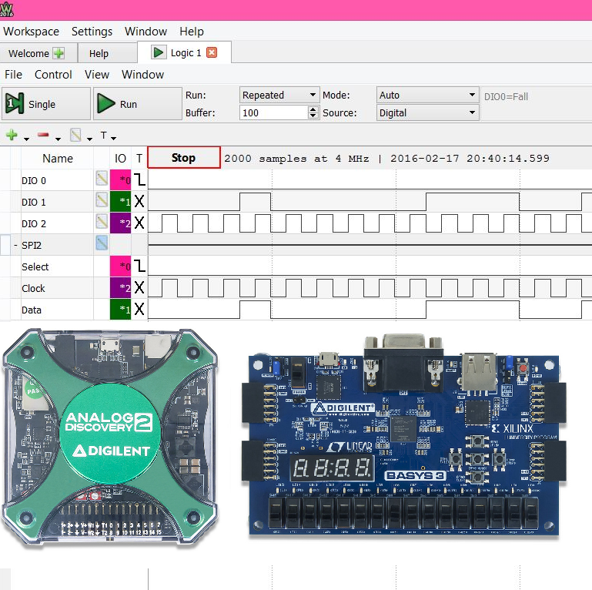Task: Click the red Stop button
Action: (x=183, y=158)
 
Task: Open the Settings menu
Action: (x=92, y=32)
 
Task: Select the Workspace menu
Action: (x=31, y=32)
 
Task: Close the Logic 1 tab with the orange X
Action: (x=212, y=52)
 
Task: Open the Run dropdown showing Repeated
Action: (x=279, y=96)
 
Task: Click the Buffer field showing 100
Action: (x=273, y=112)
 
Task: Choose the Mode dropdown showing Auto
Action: (x=427, y=96)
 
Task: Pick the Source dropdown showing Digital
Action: (x=427, y=112)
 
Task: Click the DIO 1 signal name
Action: (x=34, y=202)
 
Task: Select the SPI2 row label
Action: (x=32, y=245)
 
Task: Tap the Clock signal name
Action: (x=33, y=288)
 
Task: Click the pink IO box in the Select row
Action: (x=121, y=267)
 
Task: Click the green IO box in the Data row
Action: (x=121, y=310)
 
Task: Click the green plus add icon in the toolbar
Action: (x=12, y=136)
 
